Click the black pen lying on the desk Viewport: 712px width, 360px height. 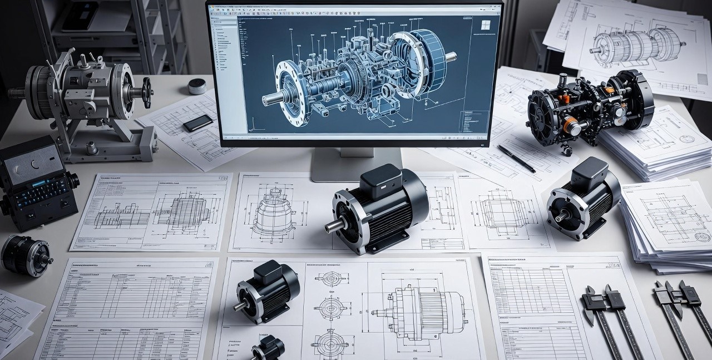(x=516, y=159)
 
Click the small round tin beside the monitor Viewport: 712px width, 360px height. (x=197, y=86)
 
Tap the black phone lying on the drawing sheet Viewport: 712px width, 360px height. (x=197, y=123)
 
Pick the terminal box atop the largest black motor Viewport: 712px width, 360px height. (x=381, y=179)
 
